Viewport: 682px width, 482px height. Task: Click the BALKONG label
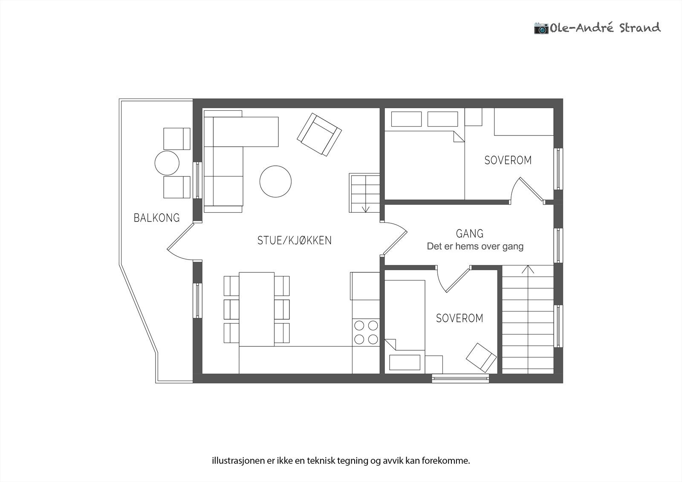[157, 218]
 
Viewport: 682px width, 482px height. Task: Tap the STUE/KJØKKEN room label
[295, 240]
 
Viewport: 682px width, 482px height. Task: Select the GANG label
[469, 234]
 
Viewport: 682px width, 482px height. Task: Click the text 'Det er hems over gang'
[475, 246]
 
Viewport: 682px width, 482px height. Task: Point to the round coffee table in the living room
[275, 182]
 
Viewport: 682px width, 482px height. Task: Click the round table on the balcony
[167, 163]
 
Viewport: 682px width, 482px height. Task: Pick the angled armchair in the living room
[319, 135]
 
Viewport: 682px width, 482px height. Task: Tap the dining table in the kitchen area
[257, 309]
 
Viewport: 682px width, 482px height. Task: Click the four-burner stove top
[366, 332]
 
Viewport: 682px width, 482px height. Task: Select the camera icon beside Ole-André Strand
[541, 28]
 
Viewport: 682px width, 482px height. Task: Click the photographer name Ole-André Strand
[605, 28]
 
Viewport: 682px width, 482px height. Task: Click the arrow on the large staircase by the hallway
[528, 269]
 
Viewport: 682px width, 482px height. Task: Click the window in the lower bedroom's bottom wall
[460, 378]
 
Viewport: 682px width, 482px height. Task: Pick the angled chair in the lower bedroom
[481, 358]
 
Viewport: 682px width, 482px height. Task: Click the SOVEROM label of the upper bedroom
[508, 160]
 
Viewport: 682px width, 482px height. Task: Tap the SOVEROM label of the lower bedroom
[459, 318]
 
